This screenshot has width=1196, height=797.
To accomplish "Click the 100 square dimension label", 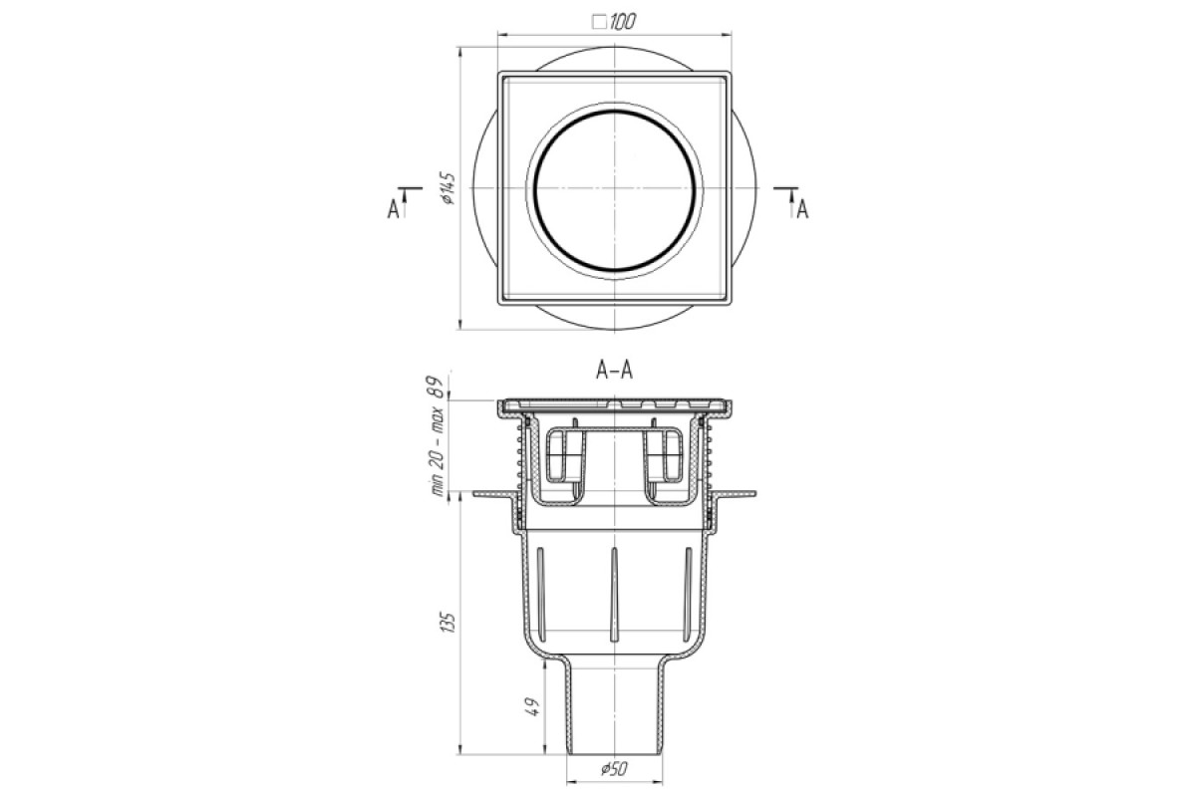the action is [622, 22].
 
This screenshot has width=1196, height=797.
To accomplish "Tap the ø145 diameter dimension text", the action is [448, 188].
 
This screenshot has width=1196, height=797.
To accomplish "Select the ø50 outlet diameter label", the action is [614, 769].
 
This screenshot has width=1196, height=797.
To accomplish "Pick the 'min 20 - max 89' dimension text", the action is [438, 436].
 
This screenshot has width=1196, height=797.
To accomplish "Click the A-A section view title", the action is [614, 370].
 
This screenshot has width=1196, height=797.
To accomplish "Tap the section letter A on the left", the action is [394, 210].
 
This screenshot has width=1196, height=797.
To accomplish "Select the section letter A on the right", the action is [802, 210].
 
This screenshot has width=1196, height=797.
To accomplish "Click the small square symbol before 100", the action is [600, 23].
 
